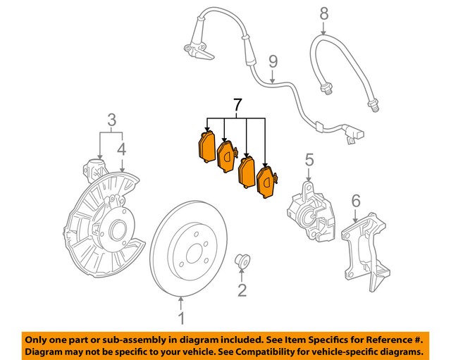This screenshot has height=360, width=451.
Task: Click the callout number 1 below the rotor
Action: (x=182, y=319)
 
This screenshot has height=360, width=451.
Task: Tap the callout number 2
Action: (x=242, y=290)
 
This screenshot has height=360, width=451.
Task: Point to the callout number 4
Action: (x=122, y=149)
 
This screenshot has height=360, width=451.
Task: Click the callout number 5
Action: (x=308, y=163)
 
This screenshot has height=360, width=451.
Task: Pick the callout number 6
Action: (x=355, y=201)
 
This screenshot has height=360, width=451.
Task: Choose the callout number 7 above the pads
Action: (x=237, y=106)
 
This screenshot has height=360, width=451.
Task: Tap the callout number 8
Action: (x=323, y=13)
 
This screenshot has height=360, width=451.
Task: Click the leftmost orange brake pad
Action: (x=206, y=146)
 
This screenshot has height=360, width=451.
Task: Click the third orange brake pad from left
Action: (x=247, y=172)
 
